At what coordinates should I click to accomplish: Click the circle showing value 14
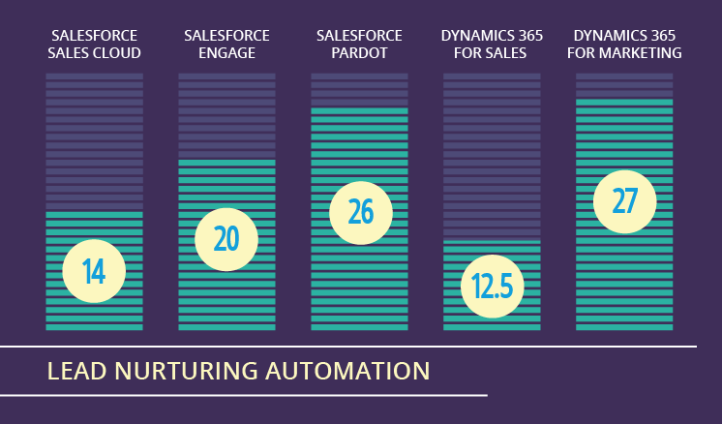pos(94,271)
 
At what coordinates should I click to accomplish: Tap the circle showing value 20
pos(226,239)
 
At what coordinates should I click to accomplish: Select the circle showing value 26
pos(361,213)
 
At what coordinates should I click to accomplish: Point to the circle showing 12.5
pos(493,287)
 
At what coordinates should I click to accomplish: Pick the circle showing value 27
pos(625,201)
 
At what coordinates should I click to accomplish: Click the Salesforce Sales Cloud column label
pos(95,45)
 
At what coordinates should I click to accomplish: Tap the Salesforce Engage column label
pos(227,45)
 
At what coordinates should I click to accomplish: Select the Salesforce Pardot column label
pos(359,45)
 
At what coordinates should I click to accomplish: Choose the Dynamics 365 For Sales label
pos(492,45)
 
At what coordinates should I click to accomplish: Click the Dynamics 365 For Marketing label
pos(624,45)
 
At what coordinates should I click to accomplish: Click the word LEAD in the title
pos(76,371)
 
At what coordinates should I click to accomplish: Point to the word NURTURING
pos(186,371)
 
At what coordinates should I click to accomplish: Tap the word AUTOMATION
pos(347,371)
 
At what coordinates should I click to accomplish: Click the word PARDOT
pos(359,53)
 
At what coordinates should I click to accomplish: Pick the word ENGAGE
pos(227,53)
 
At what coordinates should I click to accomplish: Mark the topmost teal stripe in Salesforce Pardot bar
pos(359,111)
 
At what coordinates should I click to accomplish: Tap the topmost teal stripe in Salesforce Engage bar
pos(227,163)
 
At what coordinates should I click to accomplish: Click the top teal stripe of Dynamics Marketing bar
pos(624,103)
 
